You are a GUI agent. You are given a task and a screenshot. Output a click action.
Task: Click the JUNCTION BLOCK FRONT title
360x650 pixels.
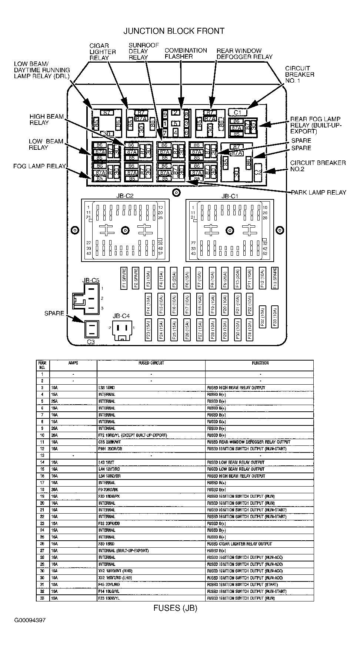coord(174,31)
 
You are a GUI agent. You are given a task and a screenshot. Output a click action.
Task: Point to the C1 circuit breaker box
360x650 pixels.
coord(237,112)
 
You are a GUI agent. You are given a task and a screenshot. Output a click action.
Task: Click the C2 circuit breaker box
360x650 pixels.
coord(258,169)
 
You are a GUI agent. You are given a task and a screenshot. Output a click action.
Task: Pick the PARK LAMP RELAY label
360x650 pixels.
coord(319,192)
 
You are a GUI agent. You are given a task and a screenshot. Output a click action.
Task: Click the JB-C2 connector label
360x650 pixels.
coord(125,196)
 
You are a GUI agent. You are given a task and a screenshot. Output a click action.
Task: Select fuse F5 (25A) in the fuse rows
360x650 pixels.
coord(173,278)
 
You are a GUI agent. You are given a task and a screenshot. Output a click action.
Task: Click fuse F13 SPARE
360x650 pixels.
coord(274,278)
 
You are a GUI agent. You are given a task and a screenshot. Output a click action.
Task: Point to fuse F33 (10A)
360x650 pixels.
coord(274,316)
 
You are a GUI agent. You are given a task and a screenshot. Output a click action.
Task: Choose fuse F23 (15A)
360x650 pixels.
coord(148,329)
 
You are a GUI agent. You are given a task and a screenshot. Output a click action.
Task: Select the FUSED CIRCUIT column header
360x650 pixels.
coord(151,363)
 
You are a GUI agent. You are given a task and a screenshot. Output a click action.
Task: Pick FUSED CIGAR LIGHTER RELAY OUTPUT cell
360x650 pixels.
coord(240,544)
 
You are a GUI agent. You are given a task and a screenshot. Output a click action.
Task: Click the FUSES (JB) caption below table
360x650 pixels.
coord(175,608)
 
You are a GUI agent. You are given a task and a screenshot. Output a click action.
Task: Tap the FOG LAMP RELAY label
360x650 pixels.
coord(39,166)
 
